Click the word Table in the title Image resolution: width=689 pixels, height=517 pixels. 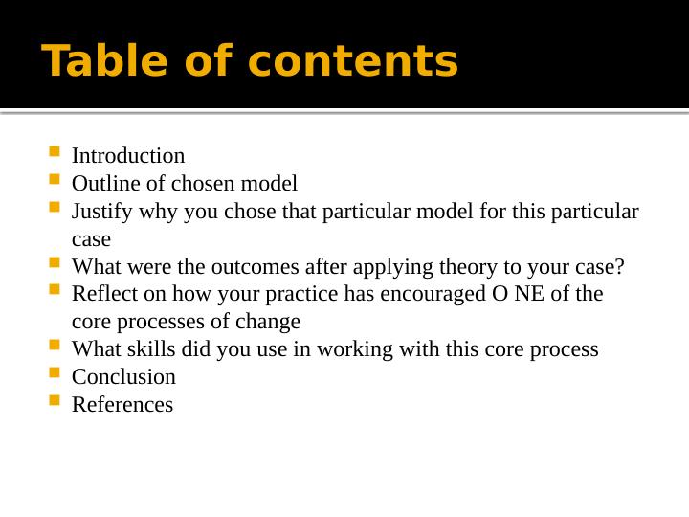pyautogui.click(x=92, y=62)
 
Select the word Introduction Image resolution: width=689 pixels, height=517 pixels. pyautogui.click(x=128, y=156)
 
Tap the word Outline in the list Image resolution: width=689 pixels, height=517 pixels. pyautogui.click(x=102, y=184)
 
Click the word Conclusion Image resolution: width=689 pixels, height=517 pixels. pyautogui.click(x=123, y=377)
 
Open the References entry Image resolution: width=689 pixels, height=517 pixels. pyautogui.click(x=122, y=405)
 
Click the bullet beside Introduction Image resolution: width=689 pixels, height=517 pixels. pyautogui.click(x=53, y=152)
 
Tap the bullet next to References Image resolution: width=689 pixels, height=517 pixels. pyautogui.click(x=53, y=401)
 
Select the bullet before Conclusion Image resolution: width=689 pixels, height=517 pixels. pyautogui.click(x=53, y=373)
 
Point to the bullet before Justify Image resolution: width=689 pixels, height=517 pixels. pyautogui.click(x=53, y=208)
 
